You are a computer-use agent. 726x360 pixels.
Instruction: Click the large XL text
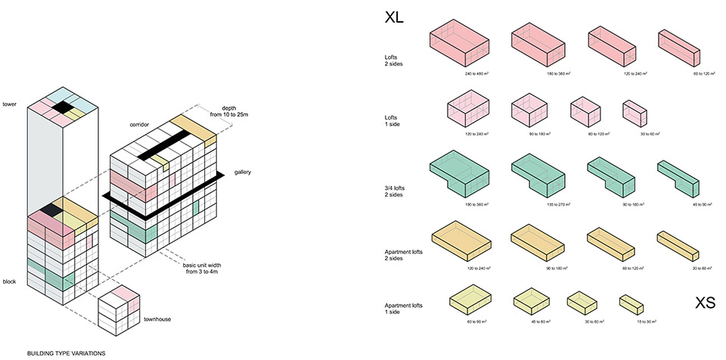click(x=394, y=17)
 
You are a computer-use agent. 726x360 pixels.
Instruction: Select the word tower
click(x=10, y=104)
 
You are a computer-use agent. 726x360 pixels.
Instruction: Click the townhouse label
click(x=157, y=320)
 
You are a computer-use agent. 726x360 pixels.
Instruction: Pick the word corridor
click(x=140, y=123)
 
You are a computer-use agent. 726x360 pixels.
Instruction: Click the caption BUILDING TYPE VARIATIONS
click(x=65, y=353)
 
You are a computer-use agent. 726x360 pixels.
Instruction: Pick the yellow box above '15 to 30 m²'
click(x=631, y=303)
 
